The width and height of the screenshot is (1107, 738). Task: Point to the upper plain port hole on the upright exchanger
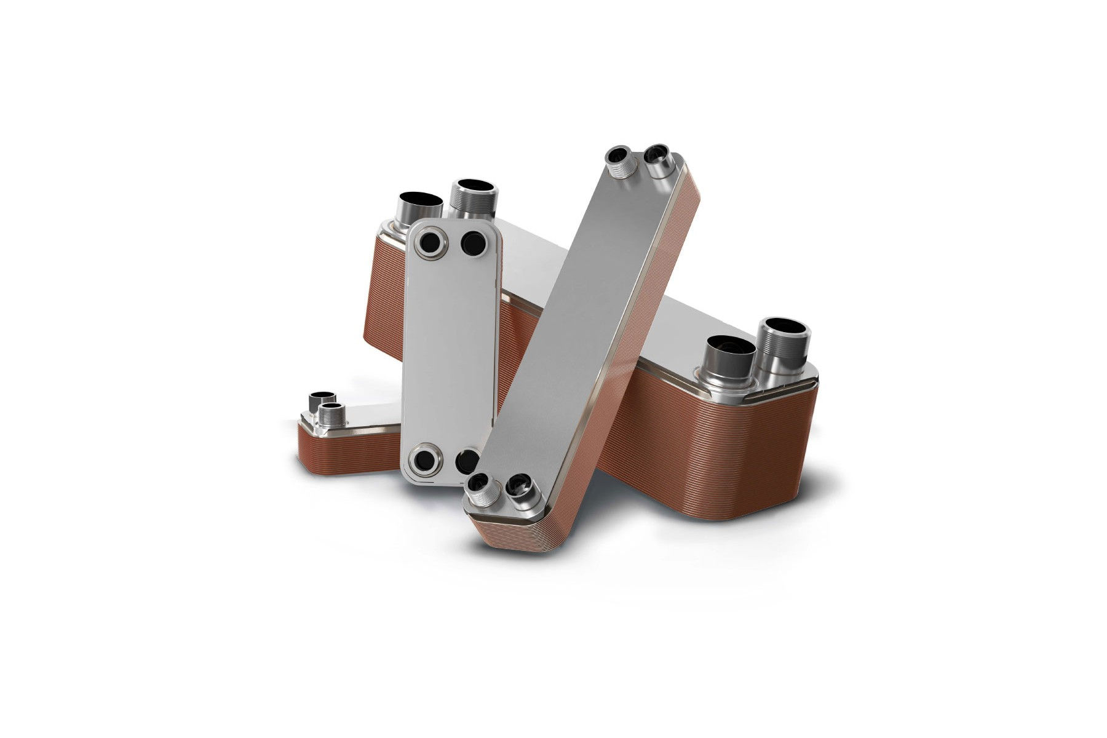tap(474, 244)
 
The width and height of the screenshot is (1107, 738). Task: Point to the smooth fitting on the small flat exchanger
tap(322, 400)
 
